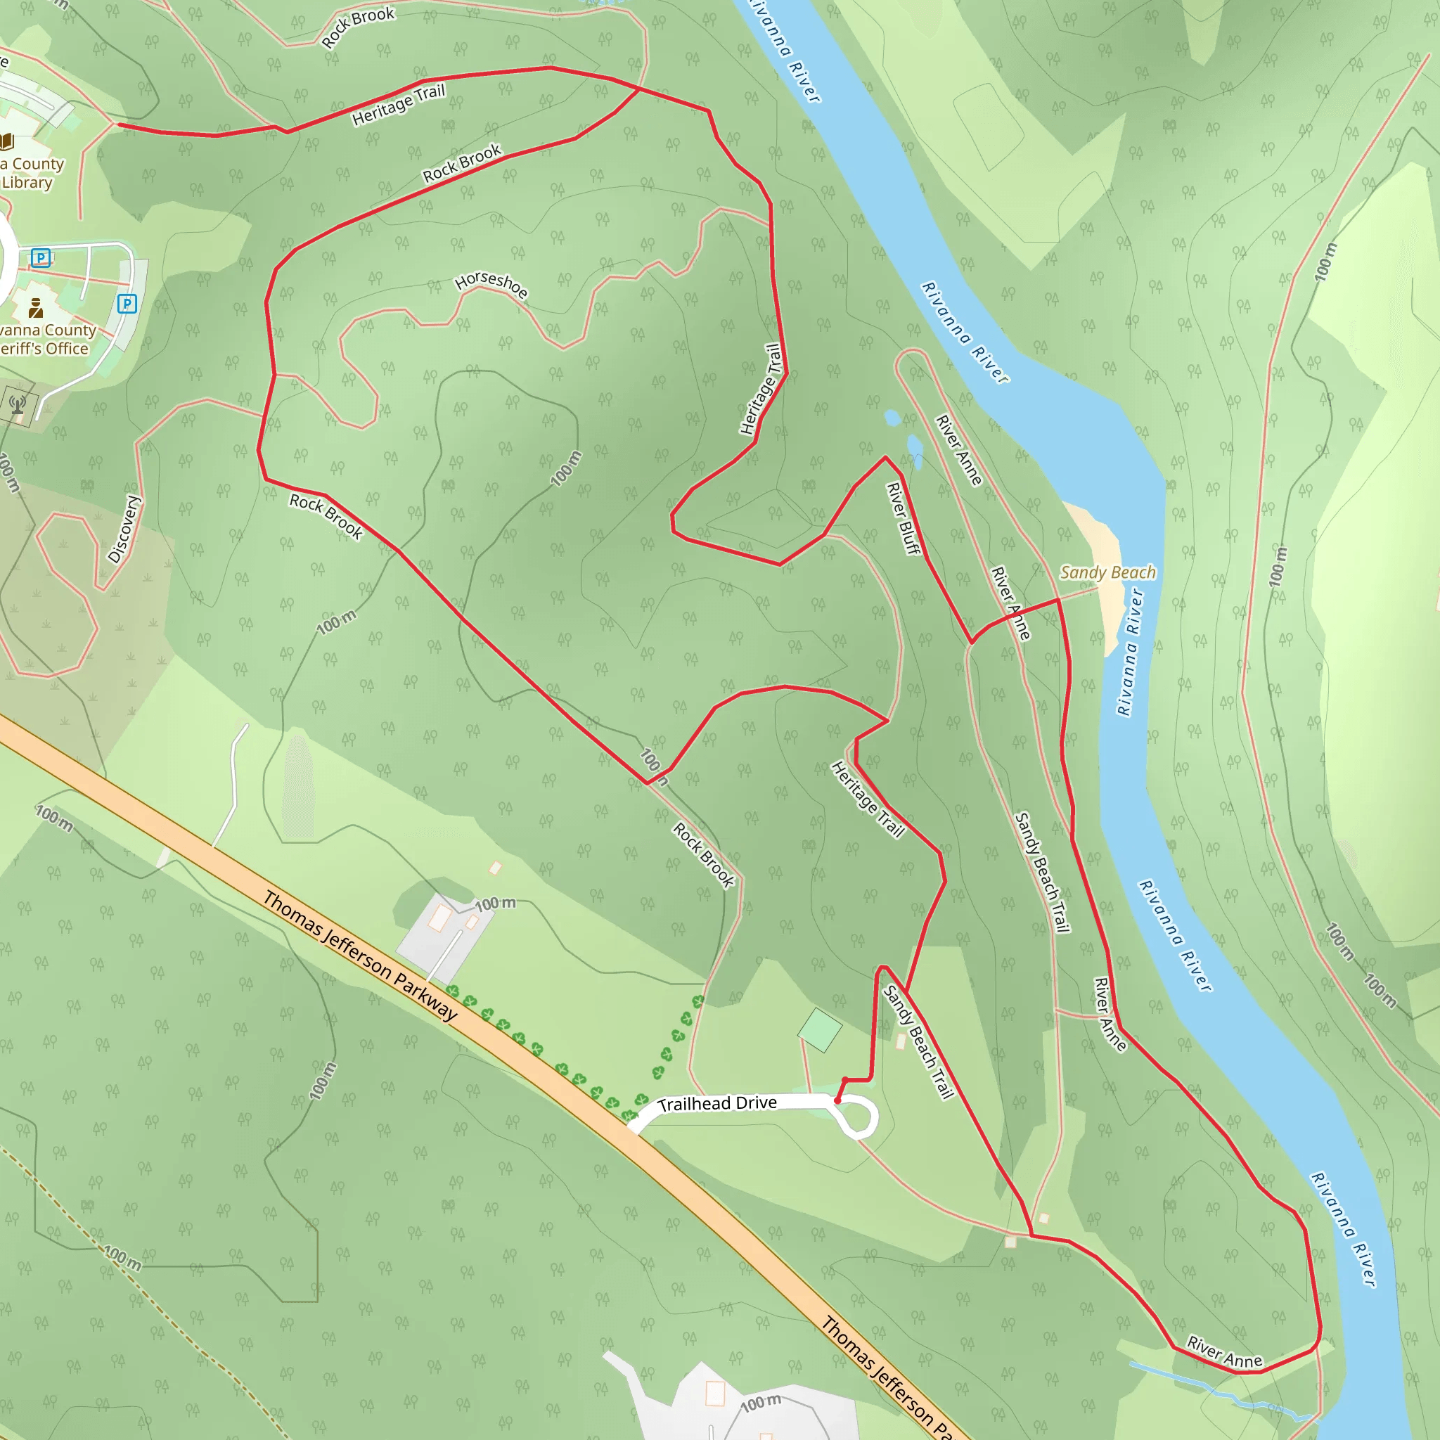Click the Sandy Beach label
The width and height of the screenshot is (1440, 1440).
click(1107, 572)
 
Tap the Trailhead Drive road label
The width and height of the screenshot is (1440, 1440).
click(717, 1103)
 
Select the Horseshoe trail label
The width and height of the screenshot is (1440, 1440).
click(491, 284)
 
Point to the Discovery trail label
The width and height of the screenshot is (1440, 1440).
click(124, 529)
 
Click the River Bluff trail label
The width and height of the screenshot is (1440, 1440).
click(904, 519)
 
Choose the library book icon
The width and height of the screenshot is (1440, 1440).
click(7, 141)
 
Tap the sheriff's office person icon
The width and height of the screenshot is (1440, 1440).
click(35, 308)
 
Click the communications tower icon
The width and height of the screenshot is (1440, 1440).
click(18, 405)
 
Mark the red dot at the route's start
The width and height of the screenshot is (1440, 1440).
click(837, 1100)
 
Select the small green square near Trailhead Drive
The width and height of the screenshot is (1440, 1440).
click(820, 1030)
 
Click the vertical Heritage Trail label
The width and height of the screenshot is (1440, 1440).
click(761, 389)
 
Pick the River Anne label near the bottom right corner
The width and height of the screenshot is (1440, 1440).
click(1225, 1352)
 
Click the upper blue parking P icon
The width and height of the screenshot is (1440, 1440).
click(41, 258)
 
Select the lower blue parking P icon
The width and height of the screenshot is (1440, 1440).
click(127, 303)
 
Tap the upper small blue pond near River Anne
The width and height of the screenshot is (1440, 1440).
click(892, 418)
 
